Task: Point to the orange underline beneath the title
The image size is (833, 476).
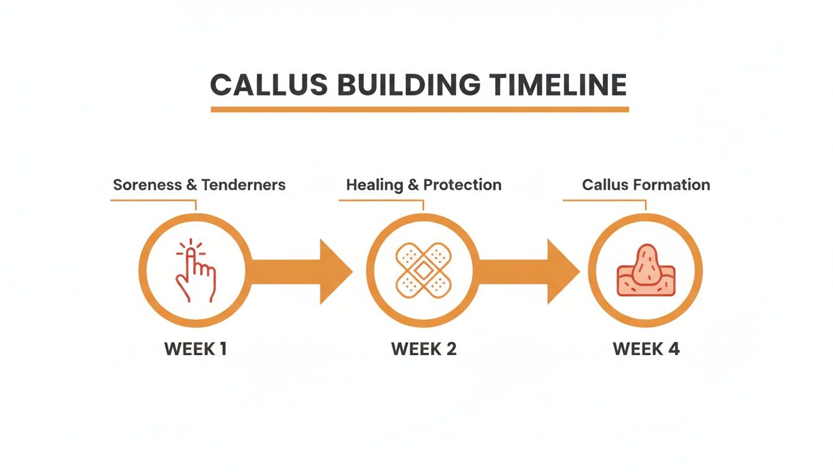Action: (420, 109)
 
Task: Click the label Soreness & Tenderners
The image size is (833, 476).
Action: (199, 185)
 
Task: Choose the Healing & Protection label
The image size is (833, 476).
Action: (423, 185)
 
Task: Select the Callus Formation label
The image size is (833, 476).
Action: (646, 185)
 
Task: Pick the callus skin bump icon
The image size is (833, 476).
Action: (645, 271)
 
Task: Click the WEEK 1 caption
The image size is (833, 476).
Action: (195, 349)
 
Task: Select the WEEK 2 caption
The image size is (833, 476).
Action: (423, 349)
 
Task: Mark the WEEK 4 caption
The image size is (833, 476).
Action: (646, 349)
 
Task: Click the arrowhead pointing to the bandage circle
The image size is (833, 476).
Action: (335, 271)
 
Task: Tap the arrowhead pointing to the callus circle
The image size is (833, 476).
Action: (562, 271)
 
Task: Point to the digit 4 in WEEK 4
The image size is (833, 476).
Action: (673, 349)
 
